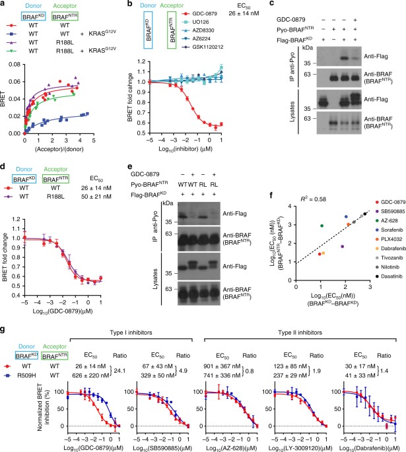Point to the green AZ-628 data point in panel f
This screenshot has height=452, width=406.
click(303, 244)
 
